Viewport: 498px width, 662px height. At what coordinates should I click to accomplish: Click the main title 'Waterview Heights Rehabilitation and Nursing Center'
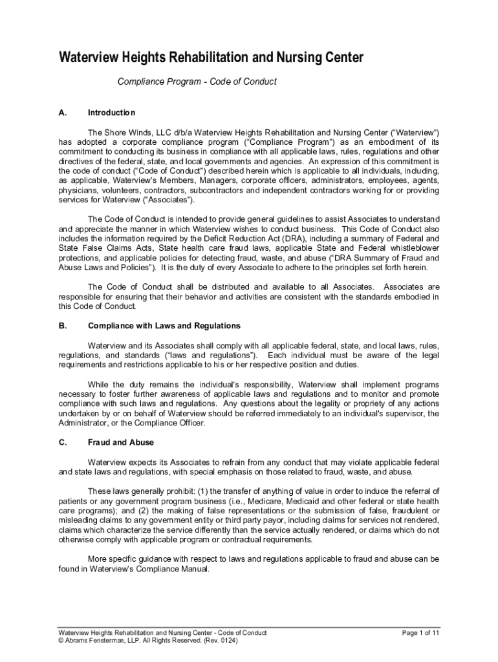pyautogui.click(x=211, y=58)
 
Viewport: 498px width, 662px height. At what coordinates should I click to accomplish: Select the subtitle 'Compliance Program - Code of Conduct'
pyautogui.click(x=197, y=81)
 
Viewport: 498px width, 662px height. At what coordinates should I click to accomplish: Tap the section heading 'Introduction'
pyautogui.click(x=111, y=112)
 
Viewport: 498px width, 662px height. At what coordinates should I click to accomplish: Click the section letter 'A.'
pyautogui.click(x=63, y=112)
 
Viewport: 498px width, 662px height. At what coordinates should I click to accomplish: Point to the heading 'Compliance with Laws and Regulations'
pyautogui.click(x=164, y=325)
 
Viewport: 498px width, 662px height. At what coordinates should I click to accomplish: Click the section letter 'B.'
pyautogui.click(x=63, y=325)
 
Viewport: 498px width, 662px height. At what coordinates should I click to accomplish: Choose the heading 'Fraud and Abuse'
pyautogui.click(x=121, y=443)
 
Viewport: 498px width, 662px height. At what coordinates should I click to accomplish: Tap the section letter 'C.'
pyautogui.click(x=63, y=443)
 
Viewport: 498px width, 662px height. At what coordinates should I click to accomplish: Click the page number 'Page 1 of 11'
pyautogui.click(x=421, y=632)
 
